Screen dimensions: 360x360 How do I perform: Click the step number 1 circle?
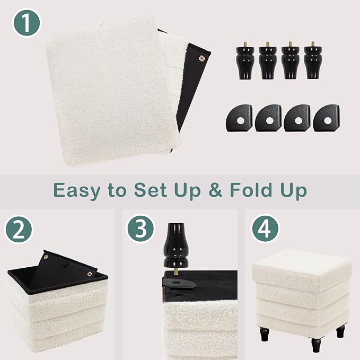pos(27,23)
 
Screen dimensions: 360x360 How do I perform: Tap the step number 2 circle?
pos(19,230)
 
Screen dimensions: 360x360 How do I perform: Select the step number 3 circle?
pos(141,228)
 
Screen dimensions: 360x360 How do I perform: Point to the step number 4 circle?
pos(265,228)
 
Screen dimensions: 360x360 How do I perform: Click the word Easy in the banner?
pos(77,190)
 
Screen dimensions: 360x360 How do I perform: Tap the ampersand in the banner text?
pos(215,190)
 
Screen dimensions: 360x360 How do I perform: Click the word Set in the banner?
pos(151,190)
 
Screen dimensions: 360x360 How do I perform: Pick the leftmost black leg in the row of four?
pos(245,60)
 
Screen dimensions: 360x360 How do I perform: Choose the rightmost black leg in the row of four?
pos(313,60)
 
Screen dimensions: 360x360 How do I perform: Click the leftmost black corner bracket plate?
pos(239,118)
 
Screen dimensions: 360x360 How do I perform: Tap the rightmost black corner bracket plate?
pos(327,118)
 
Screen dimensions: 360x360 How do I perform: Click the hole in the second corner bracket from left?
pos(269,120)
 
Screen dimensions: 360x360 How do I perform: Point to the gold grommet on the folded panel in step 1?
pos(201,58)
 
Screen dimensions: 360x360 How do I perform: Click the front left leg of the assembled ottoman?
pos(265,335)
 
